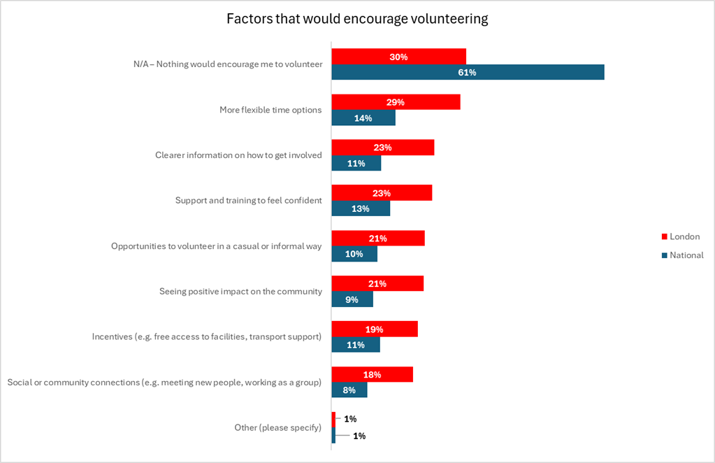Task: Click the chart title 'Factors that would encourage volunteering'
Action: click(x=357, y=19)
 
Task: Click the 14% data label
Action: click(x=363, y=118)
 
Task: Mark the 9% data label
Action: click(x=352, y=300)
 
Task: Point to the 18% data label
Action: click(x=372, y=375)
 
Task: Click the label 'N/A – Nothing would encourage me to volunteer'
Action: click(x=228, y=64)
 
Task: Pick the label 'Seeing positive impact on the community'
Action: click(x=240, y=292)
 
